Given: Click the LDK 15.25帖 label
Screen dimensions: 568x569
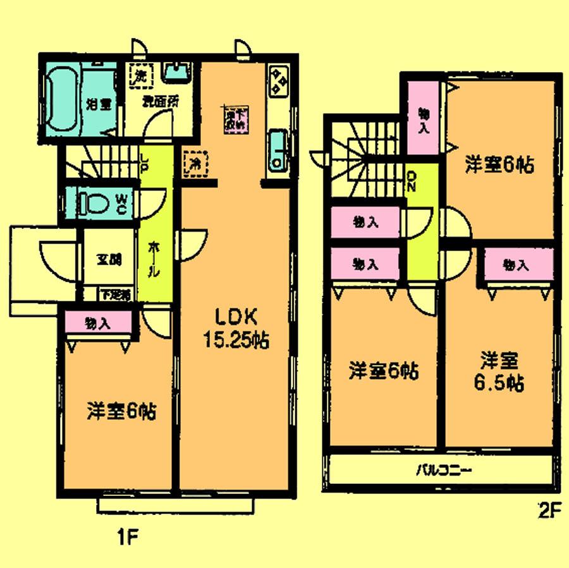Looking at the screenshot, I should [x=235, y=328].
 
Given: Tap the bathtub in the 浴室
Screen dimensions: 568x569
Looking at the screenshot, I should [x=61, y=99].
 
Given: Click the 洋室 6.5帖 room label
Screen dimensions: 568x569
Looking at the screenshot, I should [x=499, y=372].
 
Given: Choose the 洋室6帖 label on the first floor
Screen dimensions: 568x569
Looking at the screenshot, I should [x=121, y=412].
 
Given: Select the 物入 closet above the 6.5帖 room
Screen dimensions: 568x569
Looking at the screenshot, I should [x=516, y=265].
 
